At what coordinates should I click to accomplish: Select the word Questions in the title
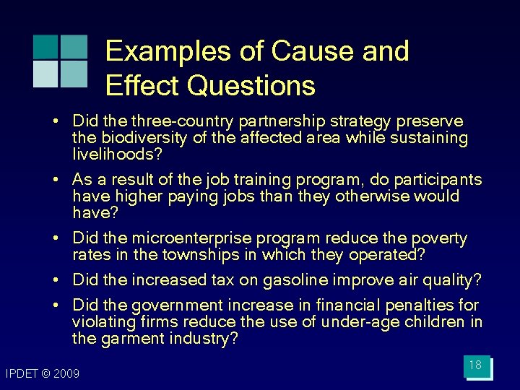click(x=251, y=85)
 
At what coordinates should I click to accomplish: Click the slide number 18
click(x=475, y=365)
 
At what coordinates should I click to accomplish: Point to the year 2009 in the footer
click(x=65, y=373)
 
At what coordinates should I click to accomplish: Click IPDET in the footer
click(x=22, y=373)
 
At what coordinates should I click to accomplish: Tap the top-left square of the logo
click(x=45, y=46)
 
